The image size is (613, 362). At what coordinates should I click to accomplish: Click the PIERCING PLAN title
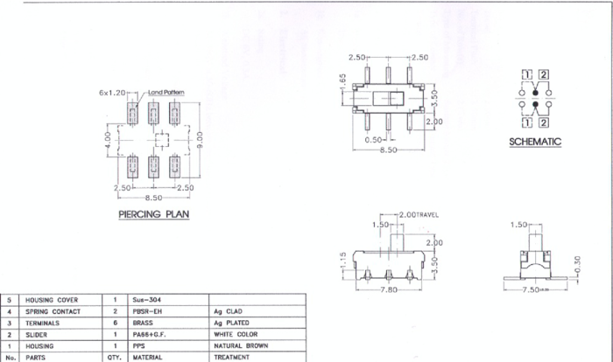coord(153,213)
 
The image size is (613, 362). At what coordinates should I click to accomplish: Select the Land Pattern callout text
coord(166,92)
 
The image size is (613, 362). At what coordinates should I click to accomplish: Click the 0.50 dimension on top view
coord(375,139)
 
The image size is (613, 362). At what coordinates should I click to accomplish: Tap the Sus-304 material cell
coord(146,300)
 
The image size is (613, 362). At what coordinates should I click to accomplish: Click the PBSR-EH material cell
coord(149,311)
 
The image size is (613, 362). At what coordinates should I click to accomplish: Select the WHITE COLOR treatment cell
coord(236,334)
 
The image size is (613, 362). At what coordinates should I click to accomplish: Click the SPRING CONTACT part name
coord(53,311)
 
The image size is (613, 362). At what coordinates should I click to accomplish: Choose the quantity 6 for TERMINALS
coord(115,323)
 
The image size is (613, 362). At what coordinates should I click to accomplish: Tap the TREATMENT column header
coord(231,357)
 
